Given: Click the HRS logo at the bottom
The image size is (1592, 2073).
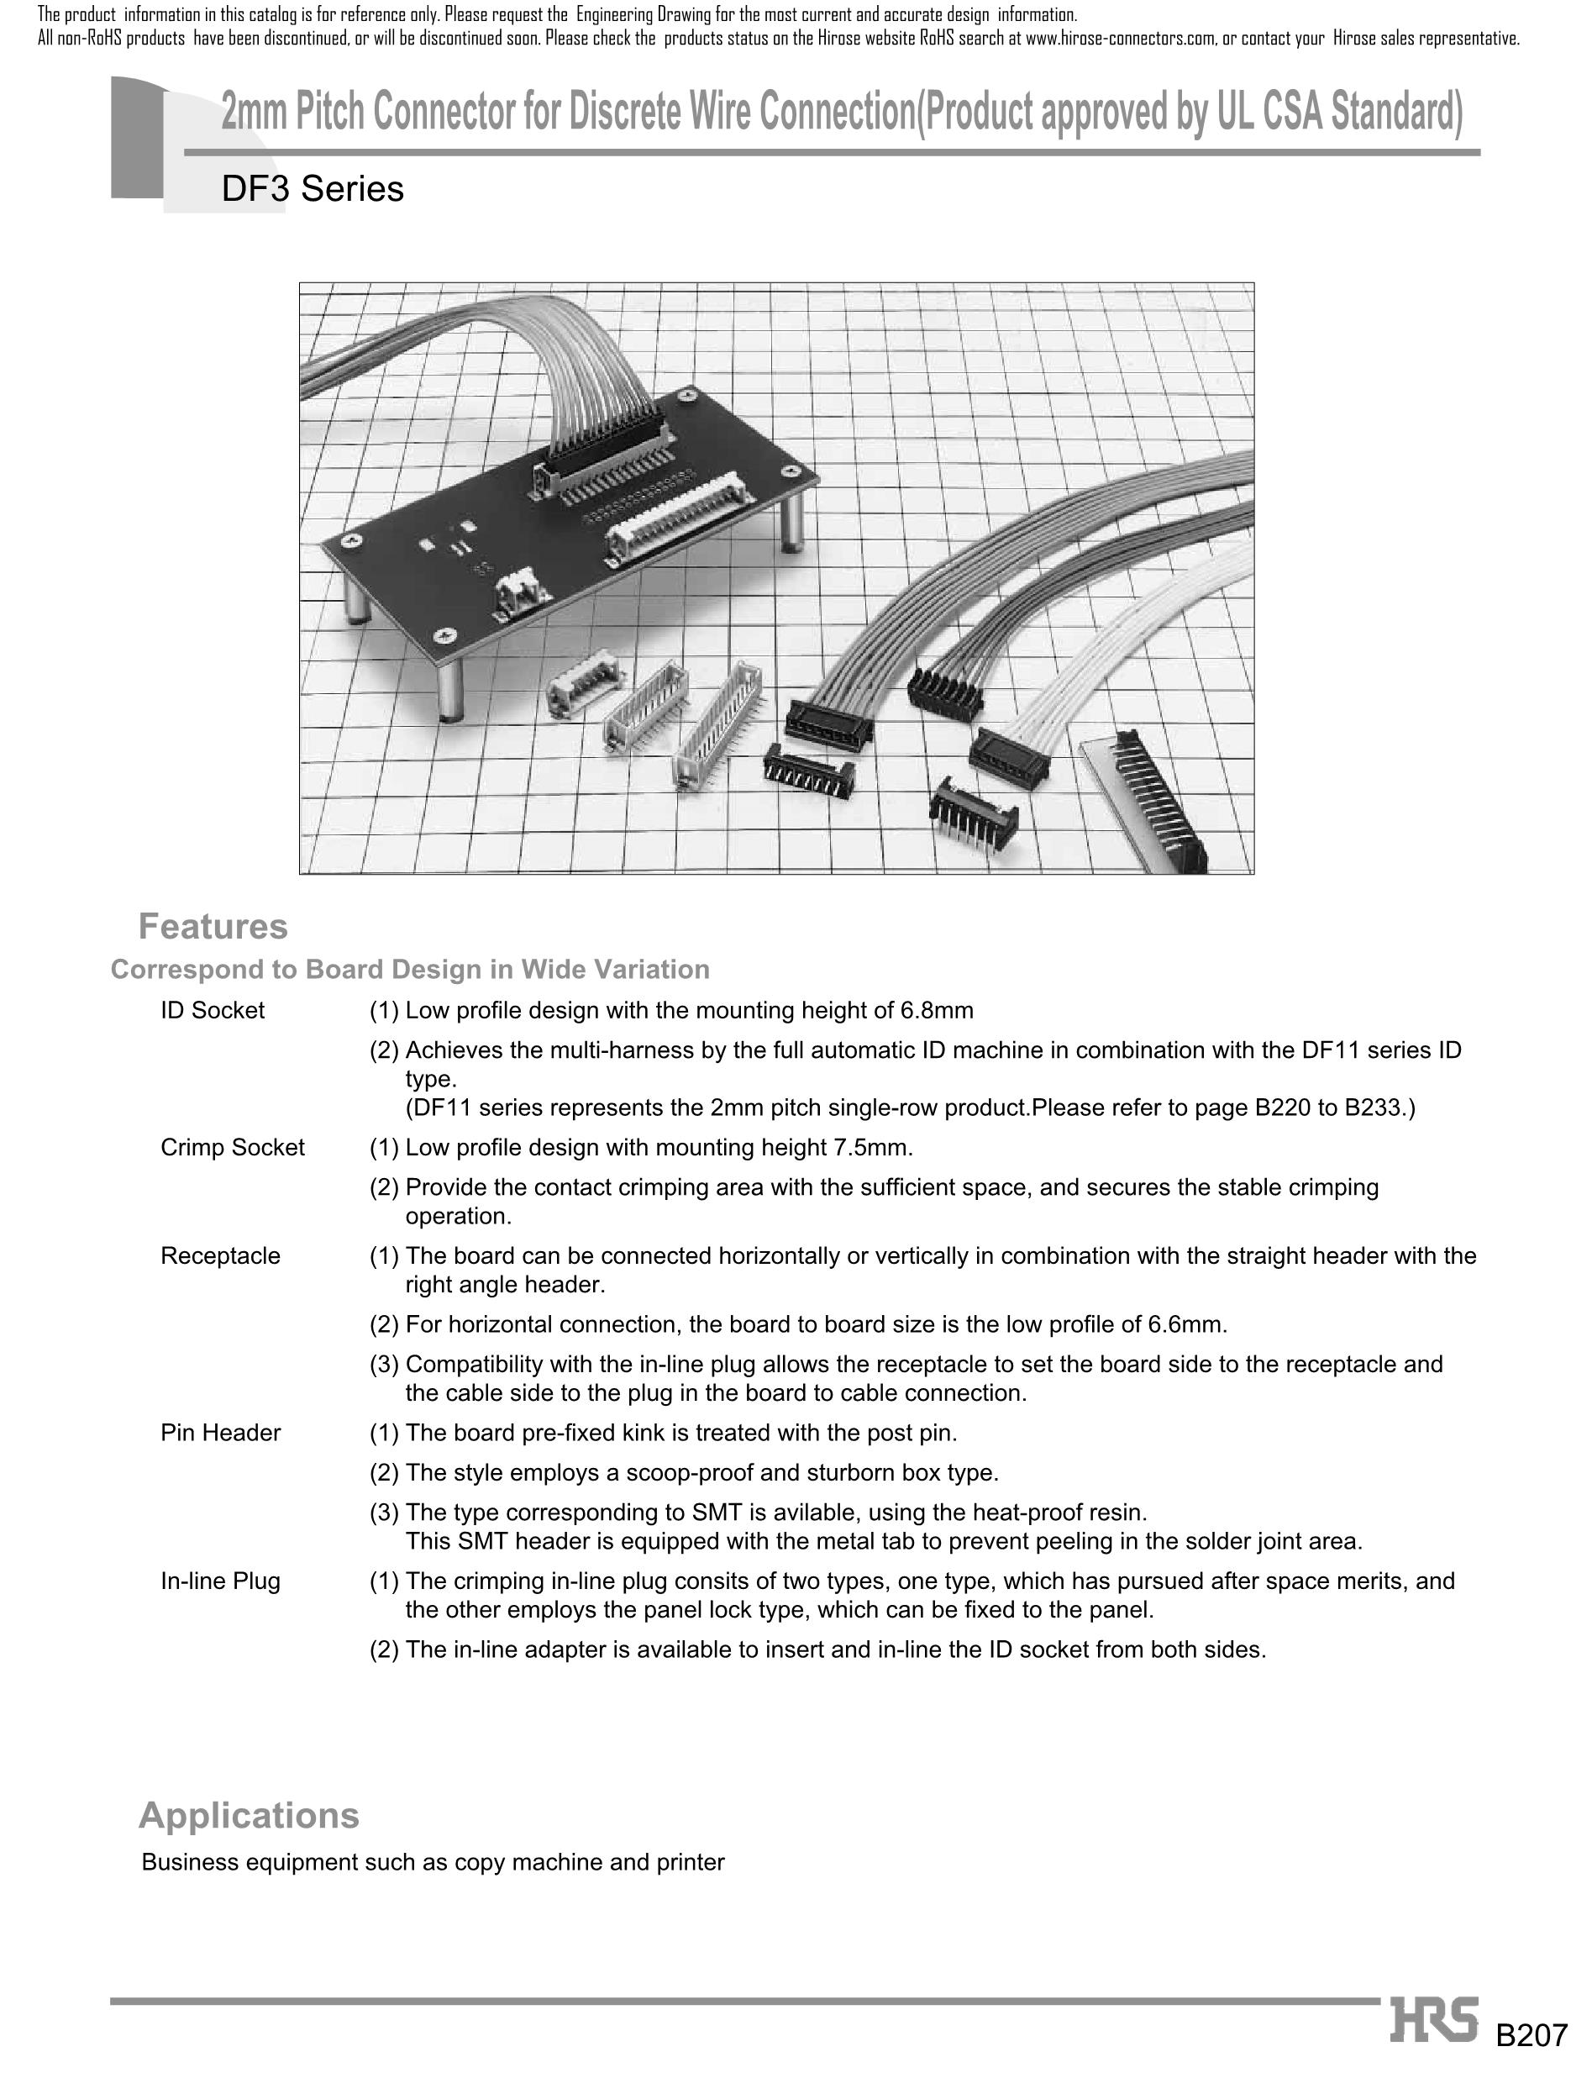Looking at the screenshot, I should click(x=1434, y=2020).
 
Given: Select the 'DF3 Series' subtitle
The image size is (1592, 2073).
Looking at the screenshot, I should click(x=312, y=188).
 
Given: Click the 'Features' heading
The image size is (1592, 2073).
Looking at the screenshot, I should click(x=213, y=926).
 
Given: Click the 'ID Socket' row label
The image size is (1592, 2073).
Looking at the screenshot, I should click(x=213, y=1010).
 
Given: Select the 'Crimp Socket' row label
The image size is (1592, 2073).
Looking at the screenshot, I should click(x=232, y=1147).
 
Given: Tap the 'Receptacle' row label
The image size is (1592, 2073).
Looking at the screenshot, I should click(x=220, y=1256).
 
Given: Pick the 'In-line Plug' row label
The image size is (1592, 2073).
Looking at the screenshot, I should click(x=220, y=1581).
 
